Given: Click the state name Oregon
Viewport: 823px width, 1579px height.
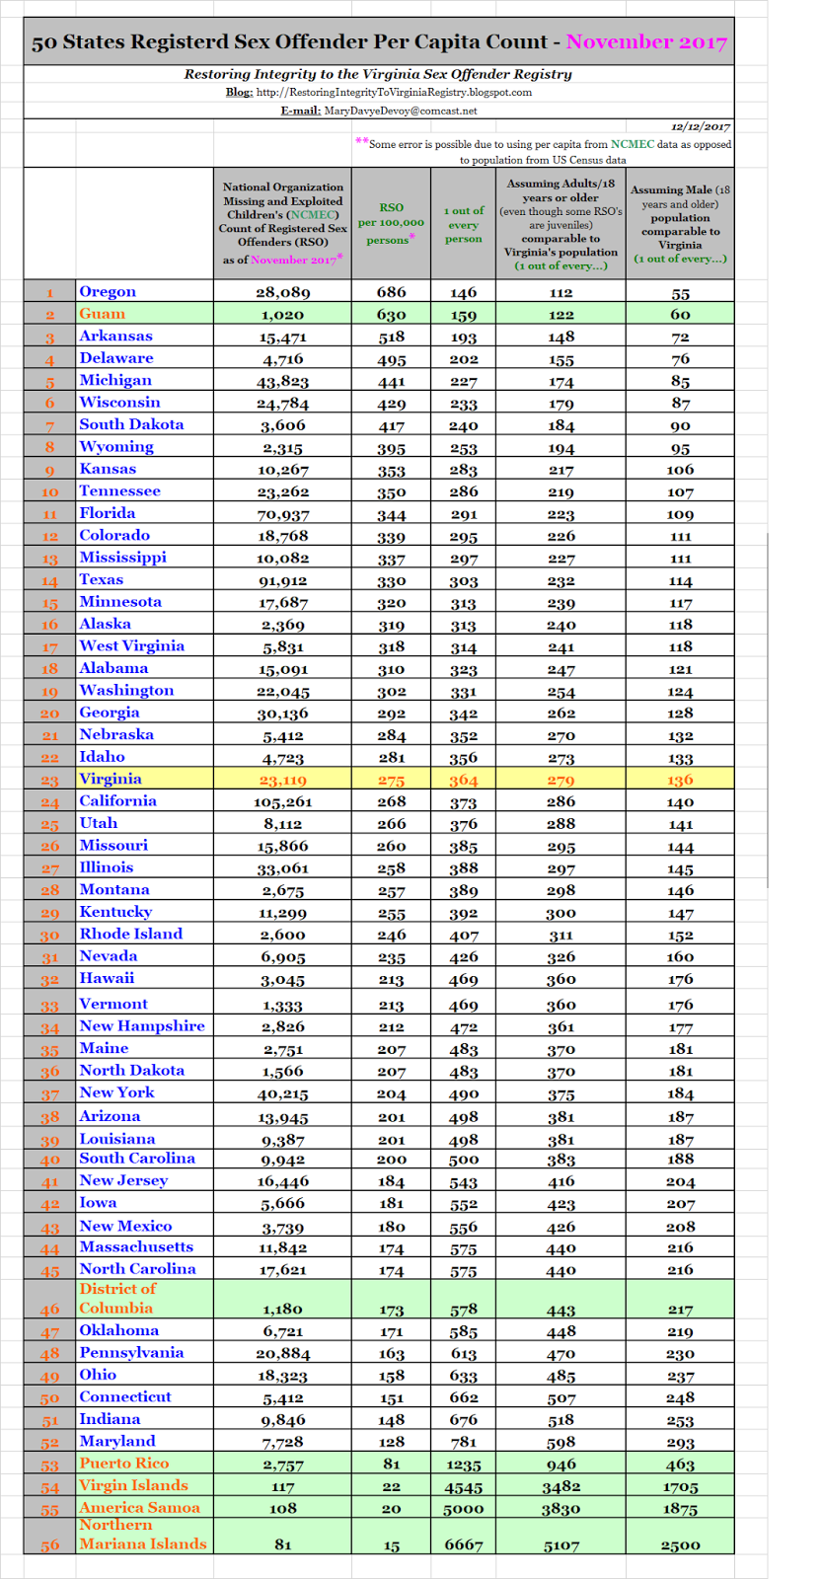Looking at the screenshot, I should click(x=108, y=291).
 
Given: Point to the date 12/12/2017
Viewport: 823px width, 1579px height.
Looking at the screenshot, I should click(x=701, y=126).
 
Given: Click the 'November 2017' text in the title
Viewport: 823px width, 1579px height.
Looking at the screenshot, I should click(x=646, y=42).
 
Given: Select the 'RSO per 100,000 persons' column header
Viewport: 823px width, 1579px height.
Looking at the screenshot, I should click(x=391, y=223).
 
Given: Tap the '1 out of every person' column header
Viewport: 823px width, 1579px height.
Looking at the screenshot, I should click(x=463, y=224).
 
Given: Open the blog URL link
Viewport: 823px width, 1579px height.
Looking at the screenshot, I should click(x=394, y=92).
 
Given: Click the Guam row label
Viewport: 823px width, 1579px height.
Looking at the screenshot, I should click(x=103, y=314).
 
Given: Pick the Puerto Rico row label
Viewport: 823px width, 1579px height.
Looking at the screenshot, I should click(x=124, y=1464).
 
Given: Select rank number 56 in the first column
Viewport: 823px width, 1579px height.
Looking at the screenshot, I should click(x=50, y=1546).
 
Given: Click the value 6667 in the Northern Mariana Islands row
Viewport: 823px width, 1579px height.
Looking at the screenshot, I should click(x=463, y=1544).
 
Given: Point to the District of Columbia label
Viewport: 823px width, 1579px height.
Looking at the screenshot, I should click(x=117, y=1298).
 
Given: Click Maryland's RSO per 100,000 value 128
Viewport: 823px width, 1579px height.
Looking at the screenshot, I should click(x=391, y=1442).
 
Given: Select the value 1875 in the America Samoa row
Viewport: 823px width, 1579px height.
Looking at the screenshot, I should click(x=680, y=1509).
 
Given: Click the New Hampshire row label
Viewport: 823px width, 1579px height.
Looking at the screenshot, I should click(x=142, y=1026).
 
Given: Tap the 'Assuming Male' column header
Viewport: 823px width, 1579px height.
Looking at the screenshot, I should click(x=680, y=224).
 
